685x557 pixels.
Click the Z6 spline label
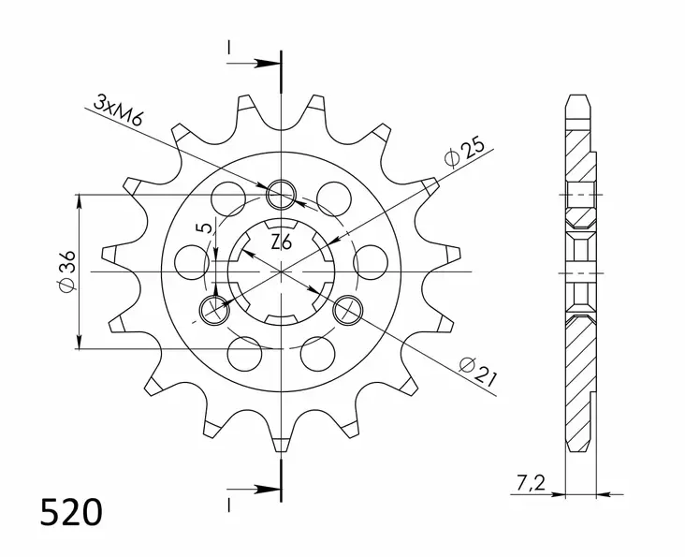tap(281, 242)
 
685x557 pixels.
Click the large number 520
tap(70, 514)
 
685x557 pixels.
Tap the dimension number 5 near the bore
tap(201, 229)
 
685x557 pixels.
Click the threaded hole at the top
tap(281, 195)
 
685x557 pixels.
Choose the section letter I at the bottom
tap(227, 506)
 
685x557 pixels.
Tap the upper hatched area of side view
tap(578, 159)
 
